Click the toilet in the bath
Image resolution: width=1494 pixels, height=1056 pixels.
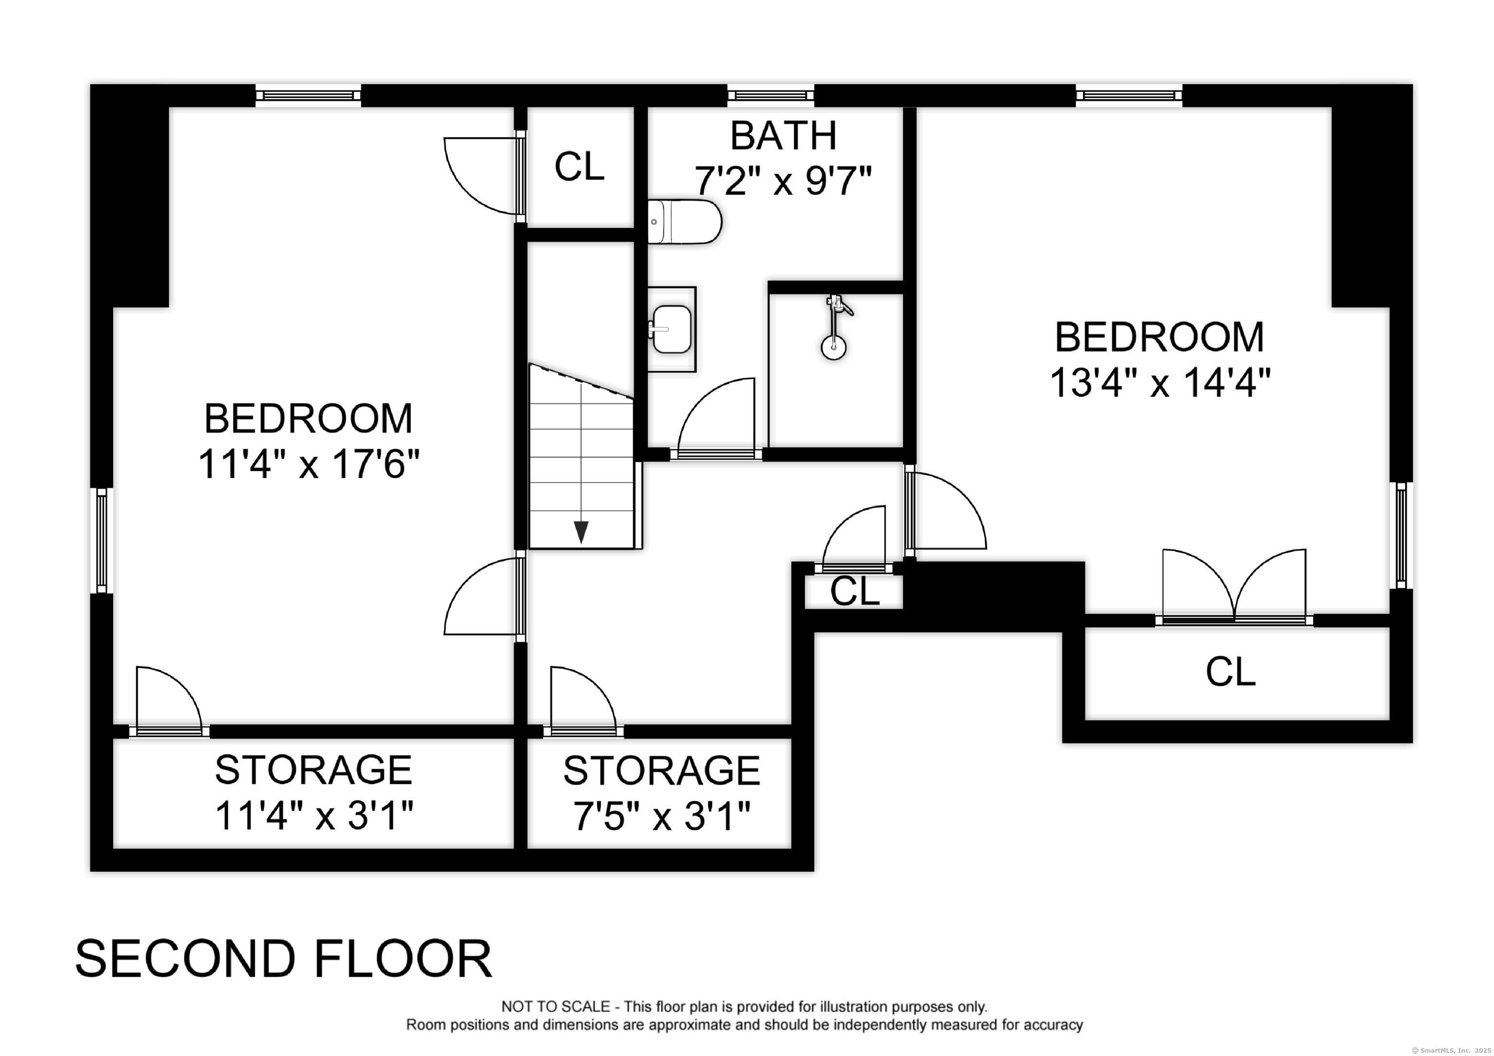pos(685,222)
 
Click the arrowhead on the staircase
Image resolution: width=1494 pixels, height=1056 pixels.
pos(580,531)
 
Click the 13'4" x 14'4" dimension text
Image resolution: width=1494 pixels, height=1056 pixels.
pos(1160,382)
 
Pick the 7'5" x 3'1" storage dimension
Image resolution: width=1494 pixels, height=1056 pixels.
pos(662,816)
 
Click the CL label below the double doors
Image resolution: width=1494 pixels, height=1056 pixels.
pos(1230,671)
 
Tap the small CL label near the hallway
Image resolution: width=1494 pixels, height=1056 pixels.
pos(855,591)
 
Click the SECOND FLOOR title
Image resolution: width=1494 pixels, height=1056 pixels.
pos(284,958)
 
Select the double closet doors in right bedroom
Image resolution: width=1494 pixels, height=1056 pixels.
pos(1234,585)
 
